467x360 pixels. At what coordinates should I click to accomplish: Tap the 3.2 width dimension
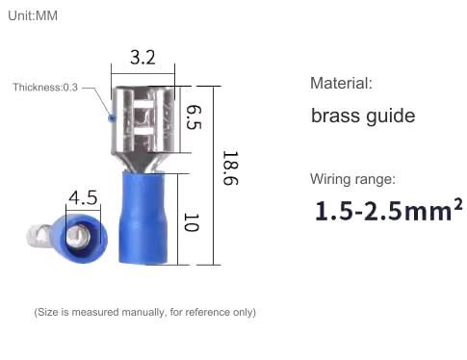pyautogui.click(x=142, y=57)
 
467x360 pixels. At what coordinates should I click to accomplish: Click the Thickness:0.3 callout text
pyautogui.click(x=45, y=88)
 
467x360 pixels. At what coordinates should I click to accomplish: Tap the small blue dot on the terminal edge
pyautogui.click(x=112, y=118)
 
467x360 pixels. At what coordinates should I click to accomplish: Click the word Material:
pyautogui.click(x=340, y=84)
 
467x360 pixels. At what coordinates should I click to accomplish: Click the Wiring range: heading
pyautogui.click(x=352, y=179)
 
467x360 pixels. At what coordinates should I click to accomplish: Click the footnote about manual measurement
pyautogui.click(x=144, y=312)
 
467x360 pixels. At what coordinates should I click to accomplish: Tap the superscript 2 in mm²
pyautogui.click(x=456, y=203)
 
